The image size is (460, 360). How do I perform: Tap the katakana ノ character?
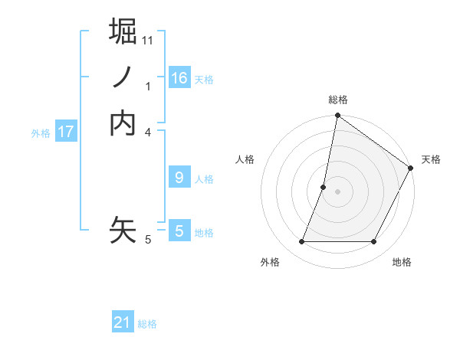pyautogui.click(x=123, y=77)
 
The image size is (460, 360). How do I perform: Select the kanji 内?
pyautogui.click(x=123, y=123)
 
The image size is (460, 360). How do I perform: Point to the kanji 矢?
pyautogui.click(x=123, y=229)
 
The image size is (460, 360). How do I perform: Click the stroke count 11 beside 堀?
pyautogui.click(x=148, y=40)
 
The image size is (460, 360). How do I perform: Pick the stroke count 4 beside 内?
pyautogui.click(x=149, y=132)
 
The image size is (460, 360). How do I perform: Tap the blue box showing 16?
pyautogui.click(x=179, y=78)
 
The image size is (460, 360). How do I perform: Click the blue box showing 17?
pyautogui.click(x=66, y=132)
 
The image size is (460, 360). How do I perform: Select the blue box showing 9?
pyautogui.click(x=179, y=178)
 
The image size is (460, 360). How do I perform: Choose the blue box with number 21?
pyautogui.click(x=123, y=323)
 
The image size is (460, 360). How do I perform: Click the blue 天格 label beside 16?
pyautogui.click(x=204, y=80)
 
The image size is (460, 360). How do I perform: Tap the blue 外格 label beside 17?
pyautogui.click(x=41, y=133)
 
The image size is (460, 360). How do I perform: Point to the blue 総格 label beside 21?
pyautogui.click(x=147, y=324)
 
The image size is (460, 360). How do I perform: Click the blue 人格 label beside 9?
pyautogui.click(x=204, y=179)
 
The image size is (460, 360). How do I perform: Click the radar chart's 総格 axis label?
pyautogui.click(x=337, y=100)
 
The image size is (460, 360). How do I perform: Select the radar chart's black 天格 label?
pyautogui.click(x=431, y=159)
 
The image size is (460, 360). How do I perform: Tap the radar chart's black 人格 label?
pyautogui.click(x=245, y=159)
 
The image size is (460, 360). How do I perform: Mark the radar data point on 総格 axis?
pyautogui.click(x=337, y=116)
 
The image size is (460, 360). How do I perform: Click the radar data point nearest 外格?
pyautogui.click(x=301, y=242)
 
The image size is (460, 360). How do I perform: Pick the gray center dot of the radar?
pyautogui.click(x=337, y=191)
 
